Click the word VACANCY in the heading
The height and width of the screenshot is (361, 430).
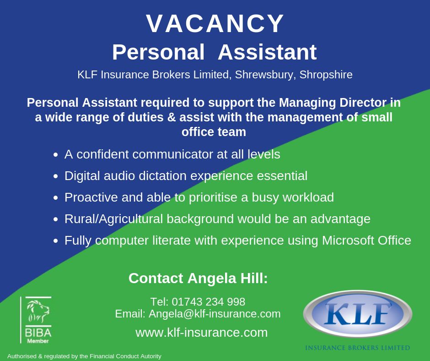pos(215,24)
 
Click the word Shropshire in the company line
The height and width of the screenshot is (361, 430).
pos(326,75)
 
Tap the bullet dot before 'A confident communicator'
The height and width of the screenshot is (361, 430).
pos(56,155)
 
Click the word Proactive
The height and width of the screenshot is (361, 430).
pos(91,197)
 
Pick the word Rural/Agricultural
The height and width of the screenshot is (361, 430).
pos(114,219)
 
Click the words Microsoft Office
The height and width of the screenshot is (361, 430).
pos(366,241)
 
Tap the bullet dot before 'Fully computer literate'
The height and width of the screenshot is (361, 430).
pos(56,241)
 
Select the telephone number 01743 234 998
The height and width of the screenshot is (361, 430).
pos(209,301)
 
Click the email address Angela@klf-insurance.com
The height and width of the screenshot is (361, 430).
pos(215,314)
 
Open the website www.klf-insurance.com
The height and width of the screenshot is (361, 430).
pos(202,333)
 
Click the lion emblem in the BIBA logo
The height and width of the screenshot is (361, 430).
pos(38,311)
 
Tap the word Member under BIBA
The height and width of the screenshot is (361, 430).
pos(38,341)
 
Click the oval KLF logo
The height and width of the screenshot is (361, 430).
pos(358,314)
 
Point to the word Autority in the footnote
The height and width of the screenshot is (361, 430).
pos(150,356)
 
